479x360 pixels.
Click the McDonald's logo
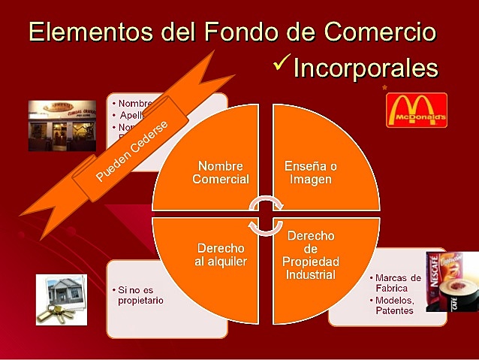tap(417, 110)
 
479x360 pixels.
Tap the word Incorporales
tap(365, 68)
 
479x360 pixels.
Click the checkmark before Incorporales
tap(282, 65)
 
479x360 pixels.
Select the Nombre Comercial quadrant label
tap(220, 172)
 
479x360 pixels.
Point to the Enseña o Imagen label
tap(311, 172)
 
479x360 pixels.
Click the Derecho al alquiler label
tap(221, 254)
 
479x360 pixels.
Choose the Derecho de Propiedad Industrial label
tap(311, 255)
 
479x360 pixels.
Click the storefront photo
tap(62, 126)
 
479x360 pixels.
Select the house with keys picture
tap(62, 299)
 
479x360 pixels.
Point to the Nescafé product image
tap(452, 281)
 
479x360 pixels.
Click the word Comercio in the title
tap(381, 32)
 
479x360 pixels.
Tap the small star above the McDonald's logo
tap(385, 88)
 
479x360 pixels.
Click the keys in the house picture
tap(53, 311)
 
